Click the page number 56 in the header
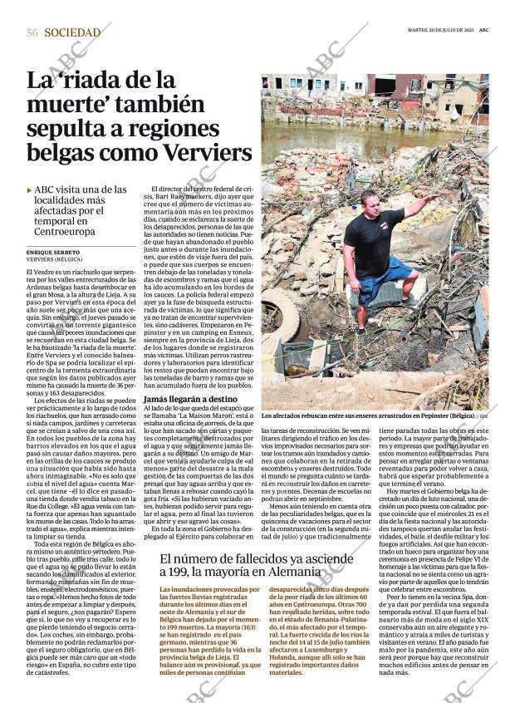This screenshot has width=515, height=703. pos(32,32)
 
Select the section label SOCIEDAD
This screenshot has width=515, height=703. pos(72,32)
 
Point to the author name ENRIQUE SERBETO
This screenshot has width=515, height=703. pos(53,252)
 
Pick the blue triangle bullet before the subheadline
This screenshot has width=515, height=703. pos(30,190)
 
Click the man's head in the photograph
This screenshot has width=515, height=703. pos(369,199)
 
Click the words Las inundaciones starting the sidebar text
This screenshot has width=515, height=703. pos(188,589)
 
